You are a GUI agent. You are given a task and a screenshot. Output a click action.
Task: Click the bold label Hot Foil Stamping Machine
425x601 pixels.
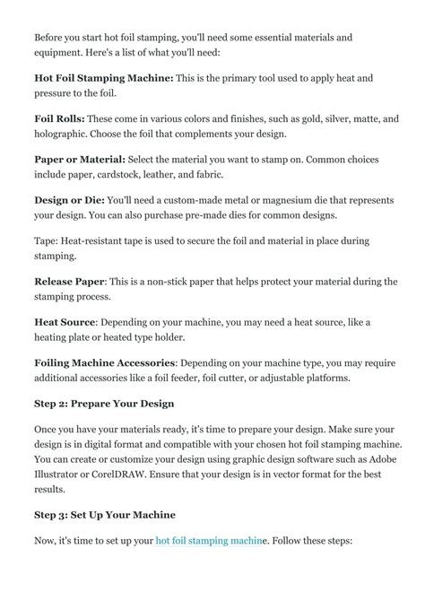[x=103, y=79]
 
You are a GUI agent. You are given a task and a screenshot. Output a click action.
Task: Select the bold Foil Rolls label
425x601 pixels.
[x=61, y=119]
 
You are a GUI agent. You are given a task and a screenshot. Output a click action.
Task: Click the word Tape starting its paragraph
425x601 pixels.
[x=46, y=240]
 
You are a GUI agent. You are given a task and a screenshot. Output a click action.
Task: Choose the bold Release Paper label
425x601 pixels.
[x=74, y=281]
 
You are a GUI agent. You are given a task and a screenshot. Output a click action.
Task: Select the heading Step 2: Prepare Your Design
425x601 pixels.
[x=104, y=404]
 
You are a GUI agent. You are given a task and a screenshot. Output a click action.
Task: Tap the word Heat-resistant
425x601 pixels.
[x=96, y=240]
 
